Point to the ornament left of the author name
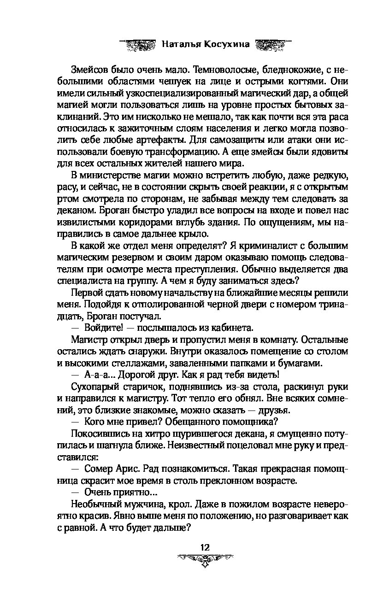pyautogui.click(x=139, y=44)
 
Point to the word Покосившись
pyautogui.click(x=100, y=435)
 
